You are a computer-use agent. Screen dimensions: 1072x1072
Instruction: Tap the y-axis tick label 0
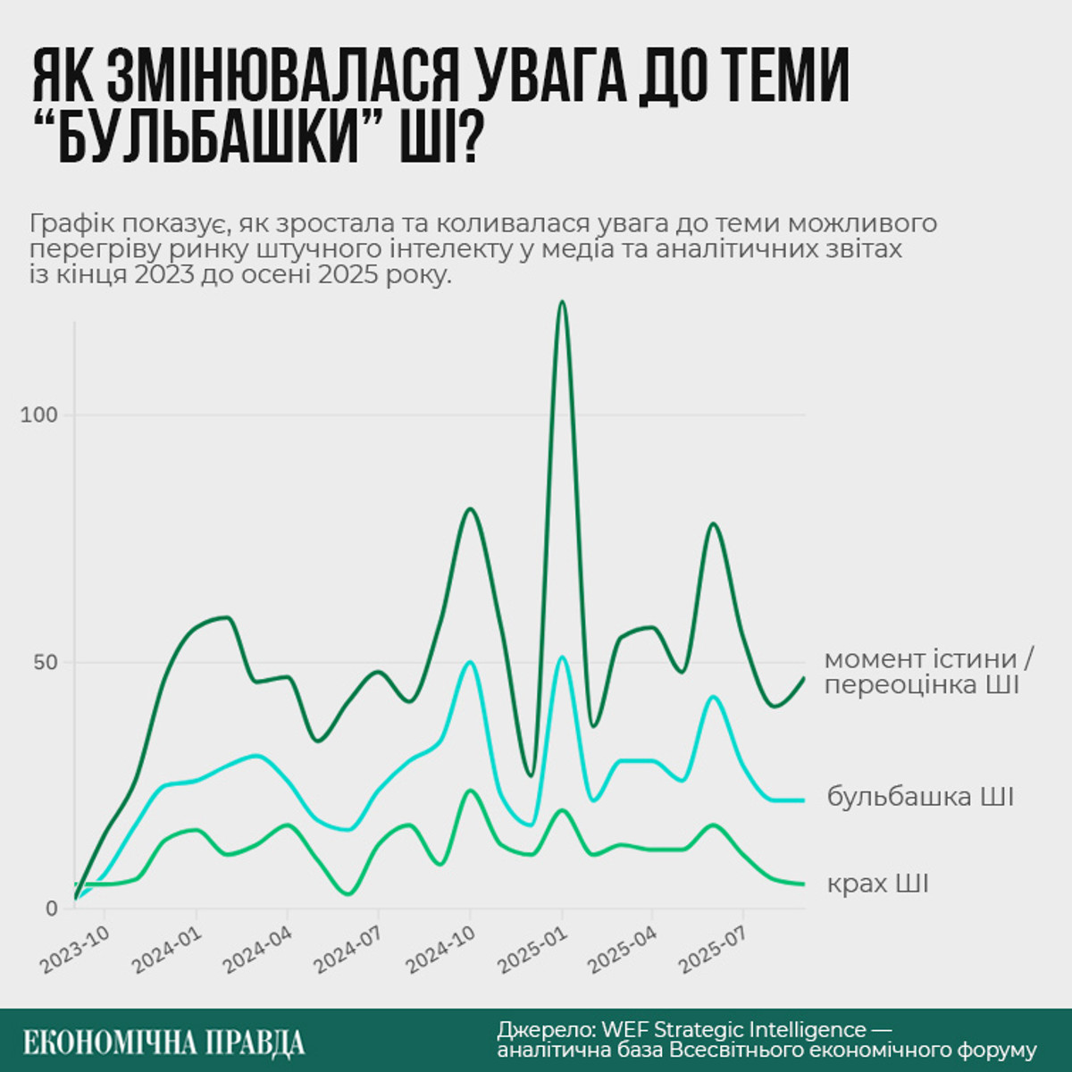pos(51,909)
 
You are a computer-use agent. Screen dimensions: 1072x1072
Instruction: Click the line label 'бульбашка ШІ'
pos(920,796)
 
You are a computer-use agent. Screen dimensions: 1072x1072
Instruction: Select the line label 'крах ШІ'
pos(877,884)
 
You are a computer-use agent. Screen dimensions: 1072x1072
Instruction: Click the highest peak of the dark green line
pos(561,302)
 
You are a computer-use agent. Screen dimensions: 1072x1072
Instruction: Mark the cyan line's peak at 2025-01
pos(562,657)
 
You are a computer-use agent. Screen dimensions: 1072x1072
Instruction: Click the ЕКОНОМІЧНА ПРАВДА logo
pos(163,1042)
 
